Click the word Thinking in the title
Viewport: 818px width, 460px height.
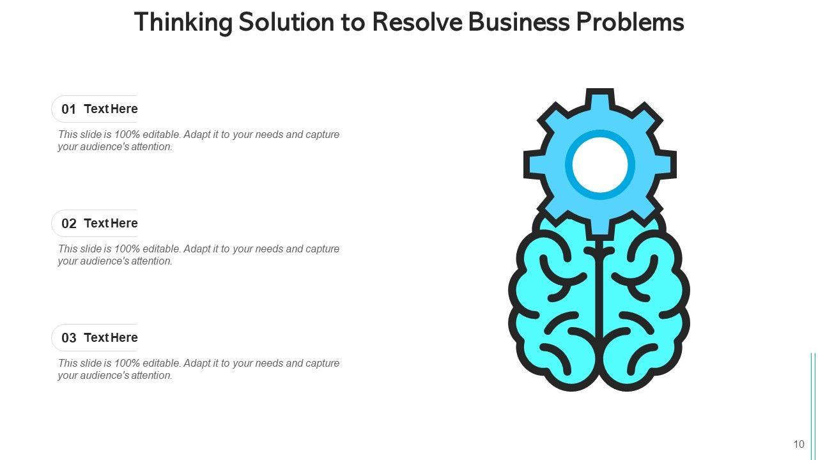coord(183,22)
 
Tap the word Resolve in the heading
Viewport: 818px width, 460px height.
coord(416,22)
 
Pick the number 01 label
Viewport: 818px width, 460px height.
coord(68,109)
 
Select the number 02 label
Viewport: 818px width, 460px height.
coord(68,224)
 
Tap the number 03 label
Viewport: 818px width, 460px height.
coord(68,338)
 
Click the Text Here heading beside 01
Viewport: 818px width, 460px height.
coord(111,109)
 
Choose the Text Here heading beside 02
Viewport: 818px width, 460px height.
coord(111,224)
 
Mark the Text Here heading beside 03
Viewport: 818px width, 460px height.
coord(111,338)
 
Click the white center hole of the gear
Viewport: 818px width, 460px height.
coord(599,164)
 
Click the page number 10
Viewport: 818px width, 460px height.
coord(799,445)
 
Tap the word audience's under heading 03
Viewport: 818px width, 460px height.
coord(104,376)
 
